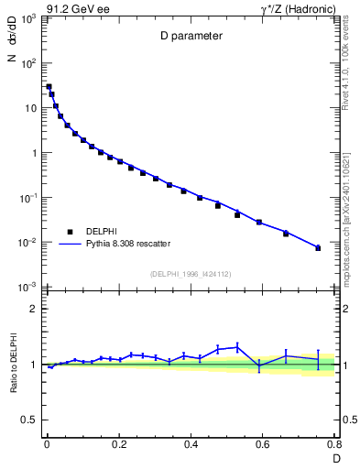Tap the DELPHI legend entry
coord(81,231)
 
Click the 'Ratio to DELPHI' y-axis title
coord(12,365)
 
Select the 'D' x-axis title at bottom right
coord(335,457)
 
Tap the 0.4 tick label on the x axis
coord(191,444)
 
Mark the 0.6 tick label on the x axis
coord(263,444)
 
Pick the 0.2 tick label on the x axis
coord(118,444)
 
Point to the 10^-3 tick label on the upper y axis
coord(29,288)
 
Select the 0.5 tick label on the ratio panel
coord(29,421)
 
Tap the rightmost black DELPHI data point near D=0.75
coord(318,248)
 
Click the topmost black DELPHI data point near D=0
coord(49,87)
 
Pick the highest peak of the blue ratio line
coord(237,346)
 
